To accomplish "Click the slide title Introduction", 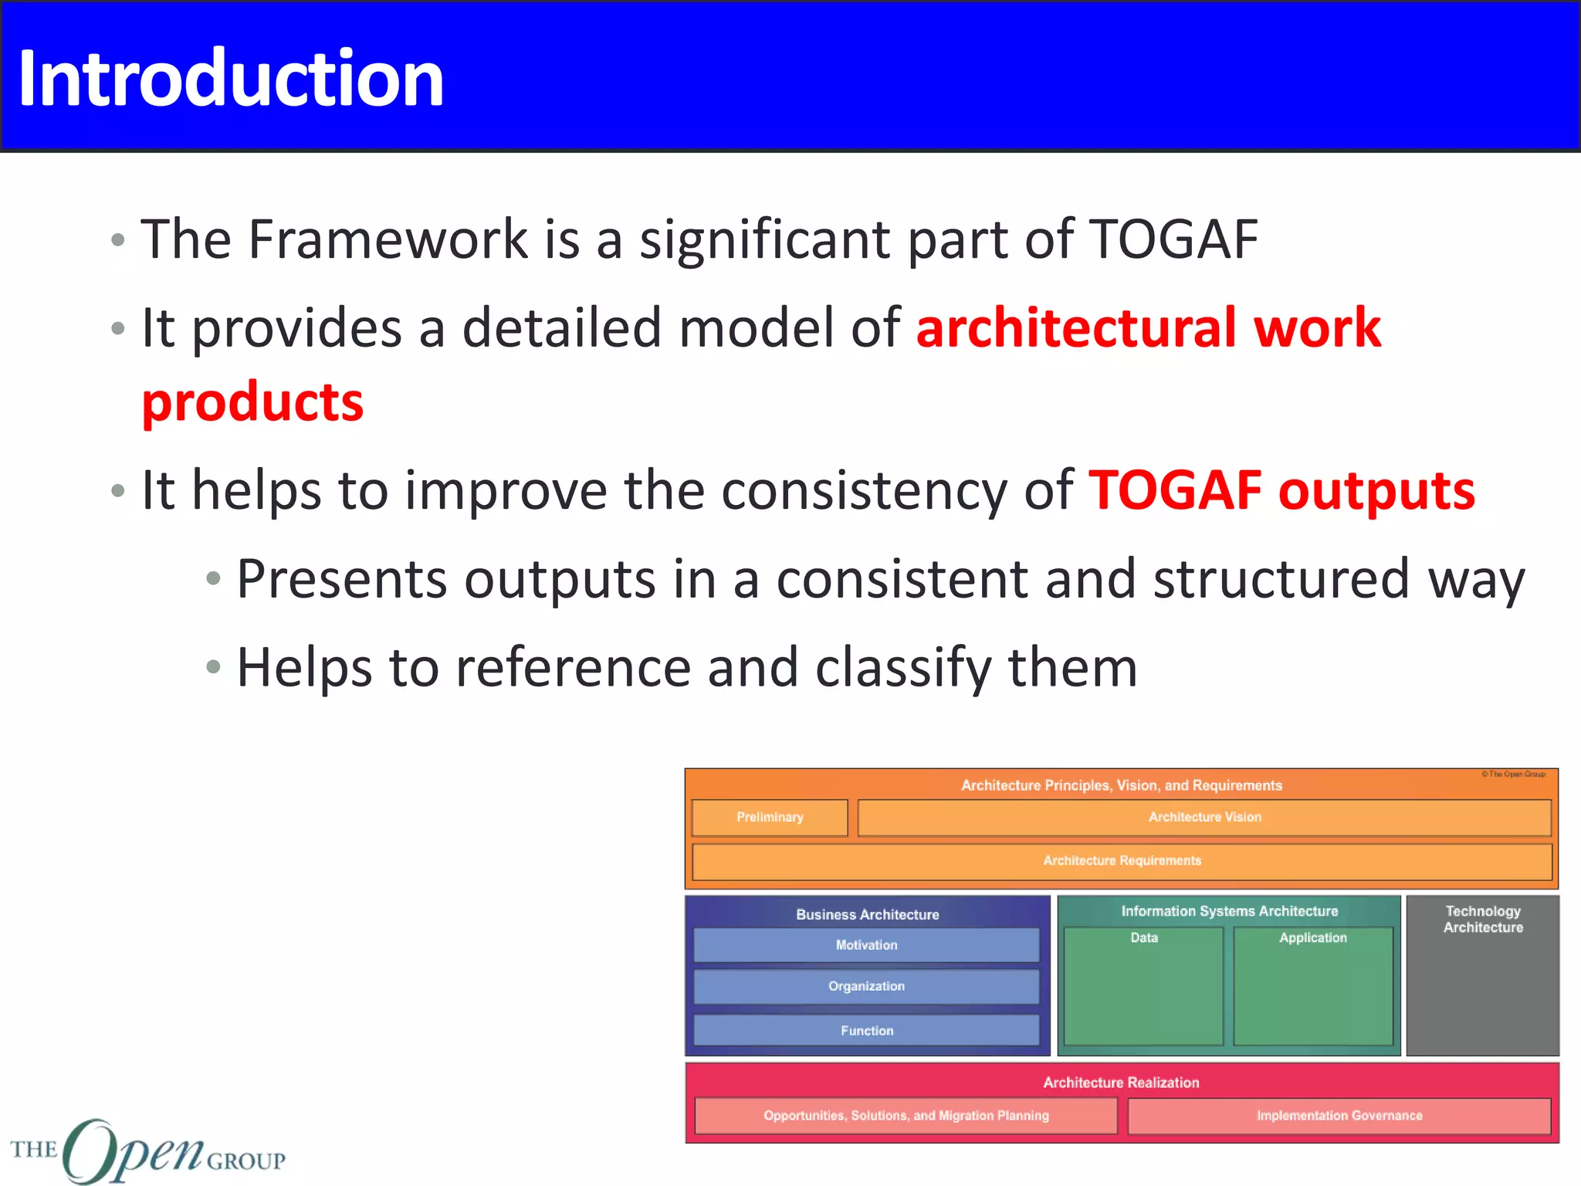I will point(230,79).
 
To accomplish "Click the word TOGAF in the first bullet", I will point(1173,239).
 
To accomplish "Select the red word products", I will point(252,403).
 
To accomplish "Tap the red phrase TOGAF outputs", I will point(1281,491).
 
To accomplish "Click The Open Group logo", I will point(147,1150).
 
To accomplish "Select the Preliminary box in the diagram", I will point(770,818).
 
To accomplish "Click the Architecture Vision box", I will point(1204,818).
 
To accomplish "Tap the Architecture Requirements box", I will point(1122,861).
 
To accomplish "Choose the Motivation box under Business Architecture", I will point(866,945).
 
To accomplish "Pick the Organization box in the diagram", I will point(866,987).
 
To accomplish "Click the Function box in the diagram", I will point(866,1031).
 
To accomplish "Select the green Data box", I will point(1143,988).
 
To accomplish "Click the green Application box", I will point(1312,988).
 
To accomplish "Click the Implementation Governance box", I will point(1339,1116).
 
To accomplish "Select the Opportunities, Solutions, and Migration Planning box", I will point(906,1116).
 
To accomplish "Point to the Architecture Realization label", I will point(1121,1083).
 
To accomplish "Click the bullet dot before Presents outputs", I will point(214,579).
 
